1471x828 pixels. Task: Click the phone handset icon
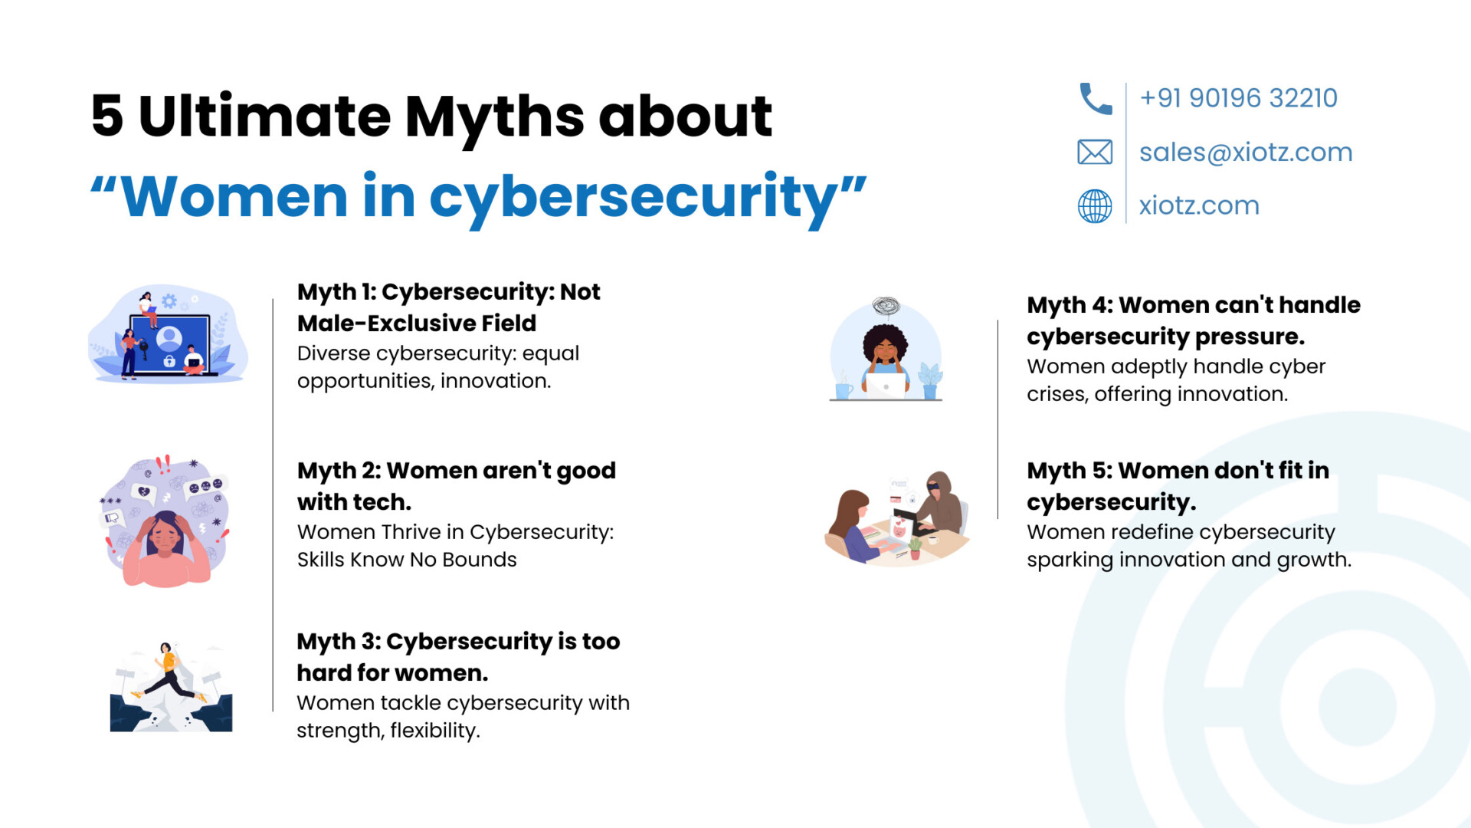point(1096,99)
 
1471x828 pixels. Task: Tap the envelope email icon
point(1095,152)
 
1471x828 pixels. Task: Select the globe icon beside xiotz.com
point(1095,205)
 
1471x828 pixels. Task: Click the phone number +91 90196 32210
point(1238,98)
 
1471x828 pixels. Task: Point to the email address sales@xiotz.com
point(1246,152)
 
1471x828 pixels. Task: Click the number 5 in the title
point(107,116)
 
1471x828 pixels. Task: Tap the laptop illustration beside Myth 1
point(169,335)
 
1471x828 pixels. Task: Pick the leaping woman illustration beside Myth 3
point(170,674)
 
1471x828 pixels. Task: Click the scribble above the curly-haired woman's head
point(886,307)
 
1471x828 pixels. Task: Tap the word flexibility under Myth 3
point(435,731)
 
